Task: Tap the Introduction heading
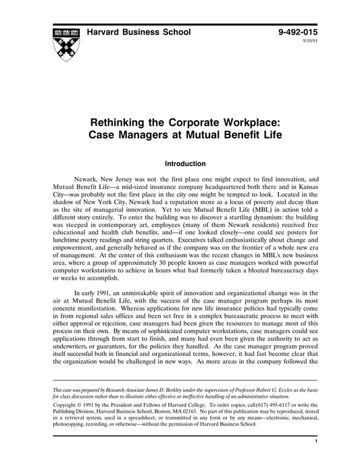180,163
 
